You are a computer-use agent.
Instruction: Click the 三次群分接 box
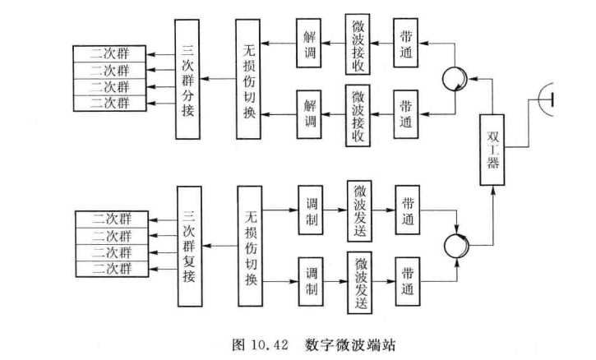[x=188, y=79]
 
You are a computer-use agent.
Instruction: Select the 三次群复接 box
[x=189, y=245]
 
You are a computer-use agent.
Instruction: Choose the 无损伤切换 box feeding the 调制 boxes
[x=248, y=245]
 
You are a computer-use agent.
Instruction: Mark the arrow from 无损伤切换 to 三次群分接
[x=218, y=79]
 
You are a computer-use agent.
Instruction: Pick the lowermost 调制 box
[x=312, y=279]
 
